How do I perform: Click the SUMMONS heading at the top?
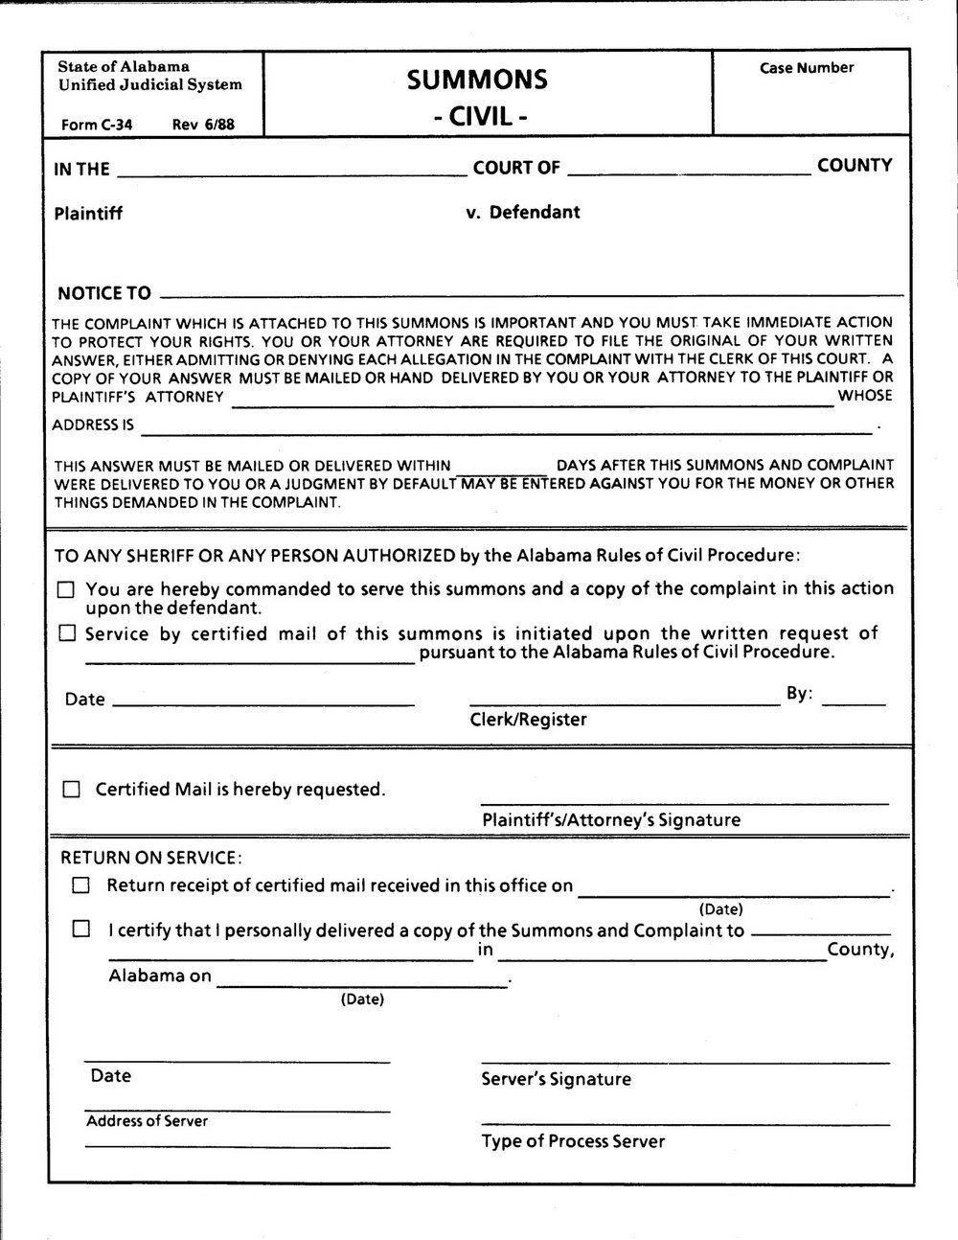click(477, 80)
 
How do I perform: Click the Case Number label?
click(807, 68)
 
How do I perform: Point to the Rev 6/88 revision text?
click(203, 125)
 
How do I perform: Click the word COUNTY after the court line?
click(855, 166)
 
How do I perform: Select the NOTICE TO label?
click(104, 293)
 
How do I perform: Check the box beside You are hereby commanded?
click(66, 590)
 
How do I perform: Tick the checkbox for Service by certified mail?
click(66, 633)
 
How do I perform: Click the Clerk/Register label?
click(528, 720)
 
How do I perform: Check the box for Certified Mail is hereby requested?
click(72, 790)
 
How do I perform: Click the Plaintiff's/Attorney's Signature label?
click(611, 820)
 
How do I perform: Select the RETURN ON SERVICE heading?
click(151, 857)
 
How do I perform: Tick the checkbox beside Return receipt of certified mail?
click(81, 885)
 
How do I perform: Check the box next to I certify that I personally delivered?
click(81, 929)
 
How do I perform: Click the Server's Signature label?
click(556, 1079)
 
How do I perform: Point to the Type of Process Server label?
click(573, 1141)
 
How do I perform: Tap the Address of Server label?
click(147, 1121)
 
